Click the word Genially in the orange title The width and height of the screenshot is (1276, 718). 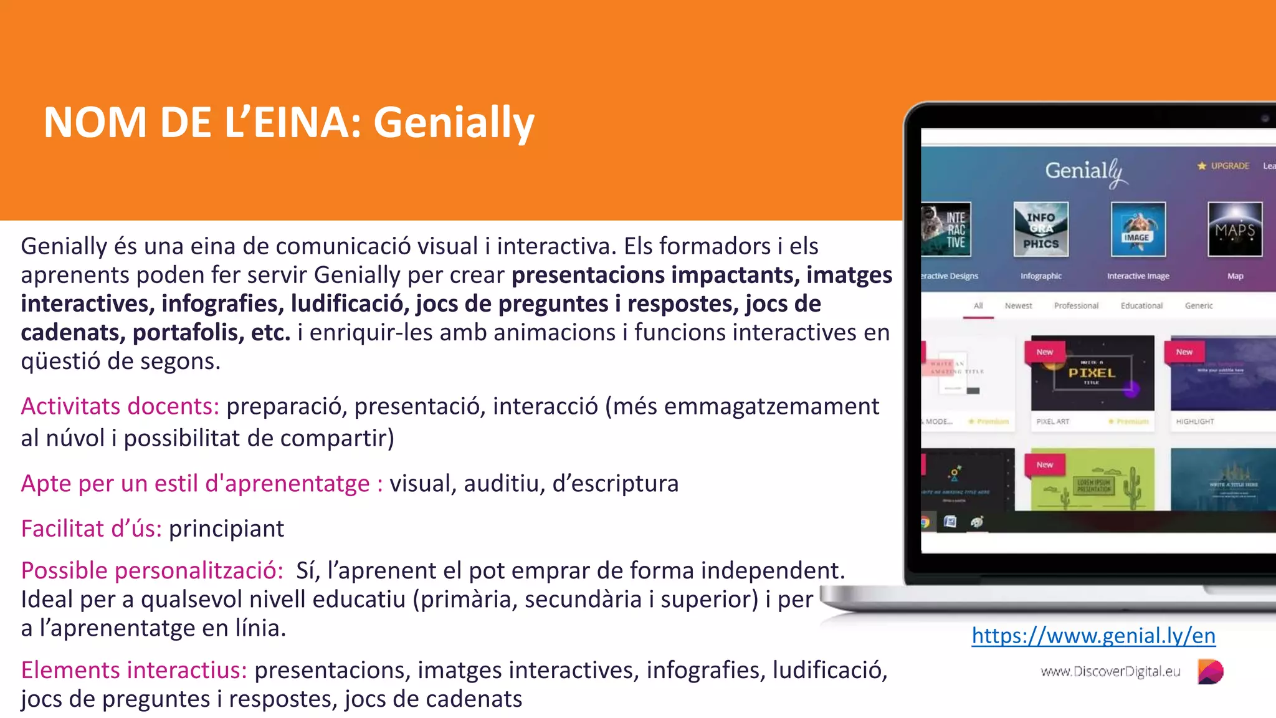coord(454,122)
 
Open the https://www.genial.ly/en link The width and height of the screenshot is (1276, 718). coord(1093,635)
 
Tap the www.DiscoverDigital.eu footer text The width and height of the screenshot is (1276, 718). coord(1110,671)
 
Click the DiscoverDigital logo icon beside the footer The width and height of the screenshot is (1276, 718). coord(1210,671)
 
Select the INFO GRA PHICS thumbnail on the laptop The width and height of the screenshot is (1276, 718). coord(1040,229)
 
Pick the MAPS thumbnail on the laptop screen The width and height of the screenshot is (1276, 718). coord(1235,229)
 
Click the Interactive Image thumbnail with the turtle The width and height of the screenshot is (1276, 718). coord(1138,229)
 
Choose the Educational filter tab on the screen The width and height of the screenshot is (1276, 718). coord(1141,305)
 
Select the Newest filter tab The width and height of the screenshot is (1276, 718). coord(1018,305)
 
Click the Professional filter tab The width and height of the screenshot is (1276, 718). coord(1076,305)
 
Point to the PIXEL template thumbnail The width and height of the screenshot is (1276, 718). coord(1092,373)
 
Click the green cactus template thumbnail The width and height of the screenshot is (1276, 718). coord(1092,480)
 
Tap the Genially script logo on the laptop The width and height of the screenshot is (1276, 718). coord(1086,171)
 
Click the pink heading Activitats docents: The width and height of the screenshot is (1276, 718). coord(120,406)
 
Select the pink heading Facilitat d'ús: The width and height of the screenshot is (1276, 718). coord(91,529)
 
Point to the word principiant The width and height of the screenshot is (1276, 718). coord(226,529)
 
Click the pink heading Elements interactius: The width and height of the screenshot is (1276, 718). coord(134,670)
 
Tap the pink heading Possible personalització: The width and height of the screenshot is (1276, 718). coord(152,570)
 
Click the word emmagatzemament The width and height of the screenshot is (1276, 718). coord(771,406)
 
